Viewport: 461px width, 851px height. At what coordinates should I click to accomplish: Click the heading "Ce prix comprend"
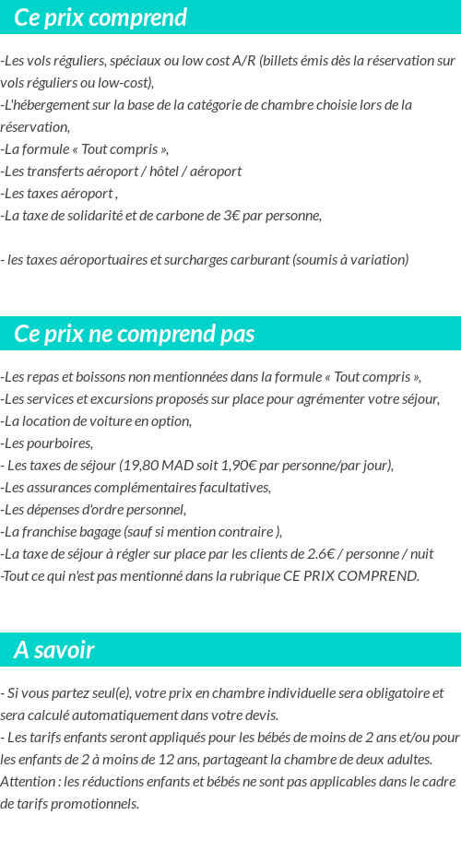(100, 18)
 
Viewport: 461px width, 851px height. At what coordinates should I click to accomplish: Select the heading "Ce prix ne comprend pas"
(135, 334)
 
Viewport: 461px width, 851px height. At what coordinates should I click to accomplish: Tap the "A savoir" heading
(54, 650)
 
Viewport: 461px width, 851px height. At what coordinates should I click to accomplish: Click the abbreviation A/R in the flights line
(244, 61)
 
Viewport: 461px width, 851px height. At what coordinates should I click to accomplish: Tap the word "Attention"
(29, 781)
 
